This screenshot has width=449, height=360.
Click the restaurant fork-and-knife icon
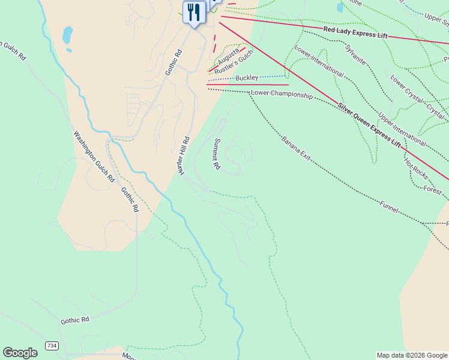click(x=193, y=11)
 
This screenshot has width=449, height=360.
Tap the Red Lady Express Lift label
click(x=355, y=32)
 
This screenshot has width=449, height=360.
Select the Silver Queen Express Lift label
click(x=369, y=125)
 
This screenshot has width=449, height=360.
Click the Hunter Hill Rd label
click(x=184, y=155)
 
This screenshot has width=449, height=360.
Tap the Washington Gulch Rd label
click(x=94, y=157)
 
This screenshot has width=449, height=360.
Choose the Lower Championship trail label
click(x=282, y=94)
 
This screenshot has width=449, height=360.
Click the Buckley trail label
click(x=247, y=78)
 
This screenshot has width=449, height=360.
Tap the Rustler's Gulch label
click(x=235, y=62)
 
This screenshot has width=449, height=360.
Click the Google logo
click(x=20, y=353)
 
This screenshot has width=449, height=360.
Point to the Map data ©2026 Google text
click(x=412, y=355)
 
